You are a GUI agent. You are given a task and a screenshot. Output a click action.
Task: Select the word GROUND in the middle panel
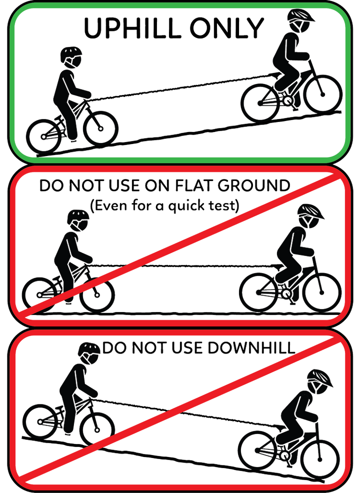point(253,185)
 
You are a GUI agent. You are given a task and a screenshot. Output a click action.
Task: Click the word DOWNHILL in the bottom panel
point(250,347)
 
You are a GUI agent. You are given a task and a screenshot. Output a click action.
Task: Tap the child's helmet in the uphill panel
point(71,54)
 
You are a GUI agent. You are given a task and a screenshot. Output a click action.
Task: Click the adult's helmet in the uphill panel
point(301,16)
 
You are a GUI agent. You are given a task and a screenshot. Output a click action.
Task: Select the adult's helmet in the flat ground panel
point(310,211)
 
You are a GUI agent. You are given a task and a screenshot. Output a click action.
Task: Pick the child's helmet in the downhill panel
point(89,350)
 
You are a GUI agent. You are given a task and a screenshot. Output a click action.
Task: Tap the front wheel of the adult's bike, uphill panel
point(322,94)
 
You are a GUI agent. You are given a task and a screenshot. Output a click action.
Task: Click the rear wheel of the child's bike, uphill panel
point(43,136)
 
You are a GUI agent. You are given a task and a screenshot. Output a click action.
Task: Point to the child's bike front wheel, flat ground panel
point(97,295)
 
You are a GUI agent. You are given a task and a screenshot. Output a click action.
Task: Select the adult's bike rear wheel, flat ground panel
point(258,292)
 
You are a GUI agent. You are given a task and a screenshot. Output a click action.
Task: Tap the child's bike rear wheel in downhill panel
point(40,421)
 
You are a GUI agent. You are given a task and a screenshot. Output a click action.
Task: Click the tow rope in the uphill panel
point(182,87)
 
